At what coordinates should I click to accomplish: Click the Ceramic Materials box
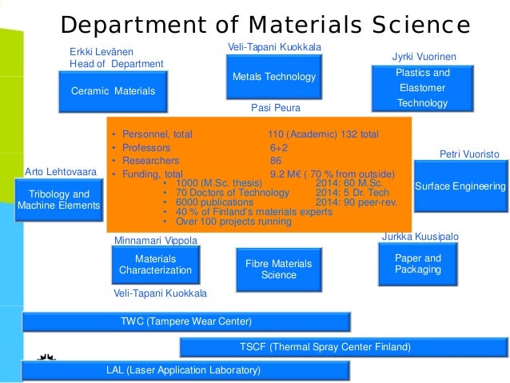pyautogui.click(x=112, y=91)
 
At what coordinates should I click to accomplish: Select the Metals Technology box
pyautogui.click(x=273, y=77)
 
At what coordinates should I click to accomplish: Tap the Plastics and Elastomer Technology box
pyautogui.click(x=423, y=88)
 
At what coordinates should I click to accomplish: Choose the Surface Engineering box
pyautogui.click(x=460, y=186)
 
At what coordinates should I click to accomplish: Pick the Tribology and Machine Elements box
pyautogui.click(x=59, y=200)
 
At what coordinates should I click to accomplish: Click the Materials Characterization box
pyautogui.click(x=155, y=265)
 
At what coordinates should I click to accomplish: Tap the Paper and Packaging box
pyautogui.click(x=417, y=264)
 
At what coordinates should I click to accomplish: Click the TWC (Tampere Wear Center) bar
pyautogui.click(x=185, y=321)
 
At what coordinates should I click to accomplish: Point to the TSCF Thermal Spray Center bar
pyautogui.click(x=344, y=347)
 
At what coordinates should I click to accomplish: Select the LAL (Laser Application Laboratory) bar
pyautogui.click(x=184, y=370)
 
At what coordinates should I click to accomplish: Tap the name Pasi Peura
pyautogui.click(x=275, y=107)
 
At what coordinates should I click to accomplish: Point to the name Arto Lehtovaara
pyautogui.click(x=62, y=171)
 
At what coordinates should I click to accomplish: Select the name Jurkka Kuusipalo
pyautogui.click(x=420, y=237)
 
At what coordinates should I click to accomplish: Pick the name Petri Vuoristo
pyautogui.click(x=469, y=154)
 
